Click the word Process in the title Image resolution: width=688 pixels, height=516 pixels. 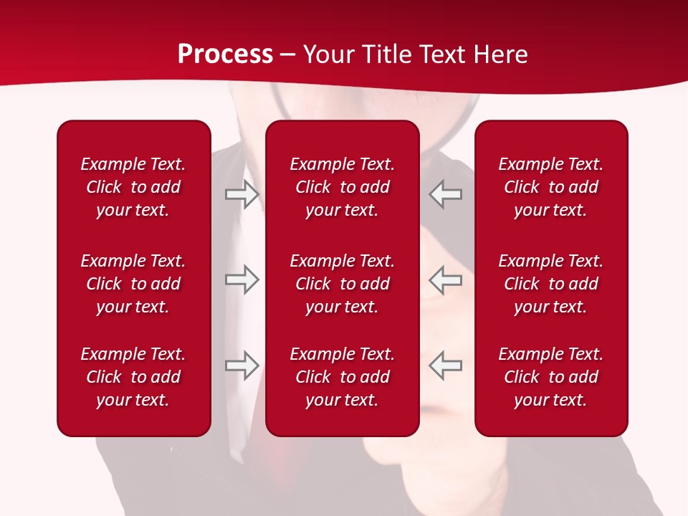point(225,54)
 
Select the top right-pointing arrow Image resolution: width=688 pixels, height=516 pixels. point(242,194)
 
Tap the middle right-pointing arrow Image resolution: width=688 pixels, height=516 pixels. point(242,279)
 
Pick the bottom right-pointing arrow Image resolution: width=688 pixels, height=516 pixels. point(242,365)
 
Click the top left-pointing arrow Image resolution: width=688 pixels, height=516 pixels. point(445,194)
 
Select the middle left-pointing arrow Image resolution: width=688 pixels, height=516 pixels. point(445,279)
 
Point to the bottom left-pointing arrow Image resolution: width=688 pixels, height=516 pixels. point(445,365)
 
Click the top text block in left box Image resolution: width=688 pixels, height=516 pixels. point(133,187)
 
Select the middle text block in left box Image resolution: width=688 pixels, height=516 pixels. point(133,284)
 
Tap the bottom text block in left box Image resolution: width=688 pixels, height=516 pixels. point(133,377)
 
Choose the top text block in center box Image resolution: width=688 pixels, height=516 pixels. point(342,187)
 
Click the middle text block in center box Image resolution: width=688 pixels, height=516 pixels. point(342,284)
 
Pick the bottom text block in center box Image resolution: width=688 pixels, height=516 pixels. point(342,377)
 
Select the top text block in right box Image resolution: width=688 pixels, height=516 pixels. point(550,187)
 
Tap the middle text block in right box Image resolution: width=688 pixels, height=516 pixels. point(550,284)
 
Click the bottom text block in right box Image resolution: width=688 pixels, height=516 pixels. point(550,377)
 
